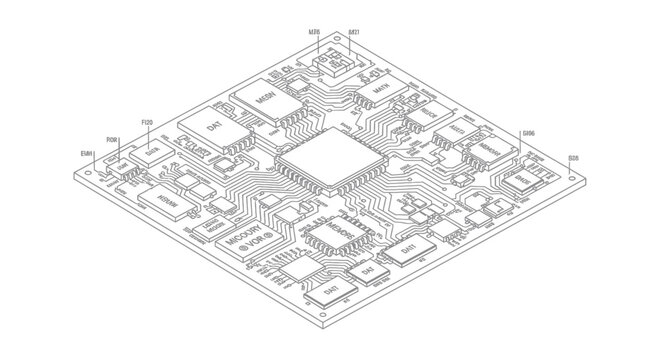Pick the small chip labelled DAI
(366, 271)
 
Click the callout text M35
(314, 32)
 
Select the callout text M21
(354, 32)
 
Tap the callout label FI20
(147, 122)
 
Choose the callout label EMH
(86, 152)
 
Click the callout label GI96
(528, 133)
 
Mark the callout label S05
(573, 158)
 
